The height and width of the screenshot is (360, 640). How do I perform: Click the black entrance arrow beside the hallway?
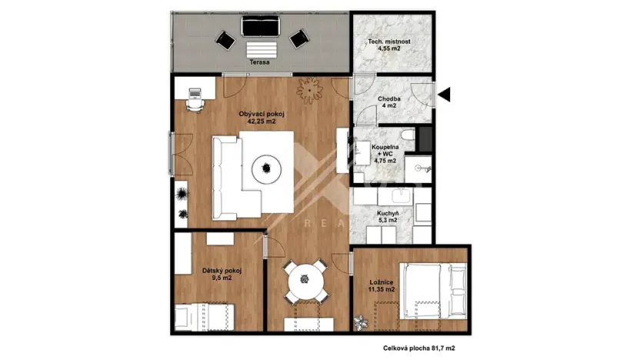click(x=445, y=95)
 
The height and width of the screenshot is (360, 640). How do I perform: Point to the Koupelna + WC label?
click(x=385, y=153)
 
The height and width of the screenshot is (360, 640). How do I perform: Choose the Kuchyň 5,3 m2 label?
click(x=386, y=216)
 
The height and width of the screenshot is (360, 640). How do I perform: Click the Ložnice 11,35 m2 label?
click(x=382, y=286)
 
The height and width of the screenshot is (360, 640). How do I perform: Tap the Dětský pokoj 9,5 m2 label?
click(x=222, y=274)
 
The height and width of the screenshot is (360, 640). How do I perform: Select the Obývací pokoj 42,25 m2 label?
click(x=262, y=117)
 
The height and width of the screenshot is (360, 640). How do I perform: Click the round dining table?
click(x=304, y=282)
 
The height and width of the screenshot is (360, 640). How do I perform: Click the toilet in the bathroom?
click(x=409, y=138)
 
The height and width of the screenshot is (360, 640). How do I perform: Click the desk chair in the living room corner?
click(x=195, y=102)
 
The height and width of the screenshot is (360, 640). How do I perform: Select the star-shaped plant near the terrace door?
click(x=310, y=92)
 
